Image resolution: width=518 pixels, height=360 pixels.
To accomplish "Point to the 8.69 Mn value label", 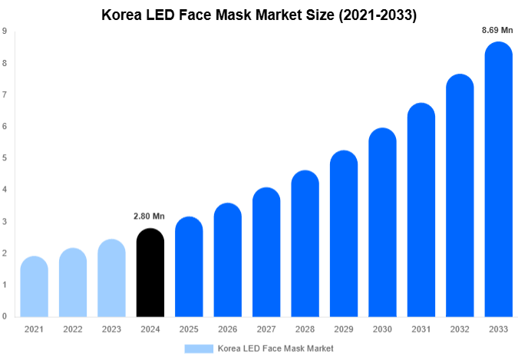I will [x=497, y=30].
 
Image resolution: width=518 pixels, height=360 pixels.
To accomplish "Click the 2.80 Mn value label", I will [x=150, y=217].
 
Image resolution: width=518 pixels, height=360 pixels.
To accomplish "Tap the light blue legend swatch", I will [x=199, y=348].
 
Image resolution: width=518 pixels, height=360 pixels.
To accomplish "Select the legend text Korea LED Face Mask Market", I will [x=275, y=348].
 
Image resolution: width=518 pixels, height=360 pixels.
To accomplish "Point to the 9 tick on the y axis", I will [x=5, y=31].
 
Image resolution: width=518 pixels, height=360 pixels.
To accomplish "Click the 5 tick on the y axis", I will [x=5, y=158].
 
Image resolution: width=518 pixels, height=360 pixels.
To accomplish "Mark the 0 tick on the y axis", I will [x=5, y=316].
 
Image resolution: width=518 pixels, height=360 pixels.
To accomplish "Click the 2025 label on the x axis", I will [x=189, y=329].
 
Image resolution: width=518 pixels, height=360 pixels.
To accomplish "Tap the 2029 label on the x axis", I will [x=343, y=329].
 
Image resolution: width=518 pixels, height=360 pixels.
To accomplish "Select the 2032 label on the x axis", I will [x=459, y=329].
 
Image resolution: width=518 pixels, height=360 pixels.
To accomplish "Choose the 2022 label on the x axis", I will [x=73, y=329].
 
